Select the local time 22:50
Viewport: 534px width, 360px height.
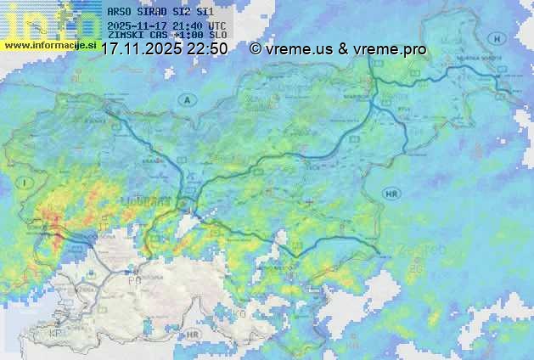208,49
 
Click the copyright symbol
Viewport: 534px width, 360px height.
256,49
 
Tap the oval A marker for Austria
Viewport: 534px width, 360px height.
185,100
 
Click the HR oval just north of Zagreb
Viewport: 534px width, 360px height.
391,194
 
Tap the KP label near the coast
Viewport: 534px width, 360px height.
56,334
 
